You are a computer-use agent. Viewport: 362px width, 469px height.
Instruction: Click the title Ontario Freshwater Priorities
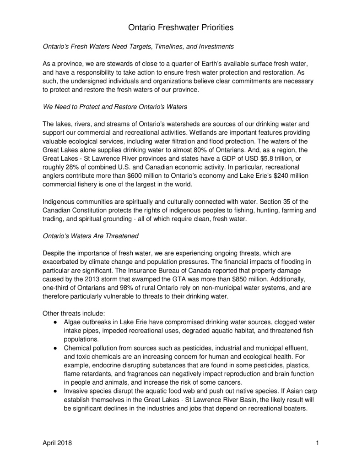(x=181, y=28)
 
